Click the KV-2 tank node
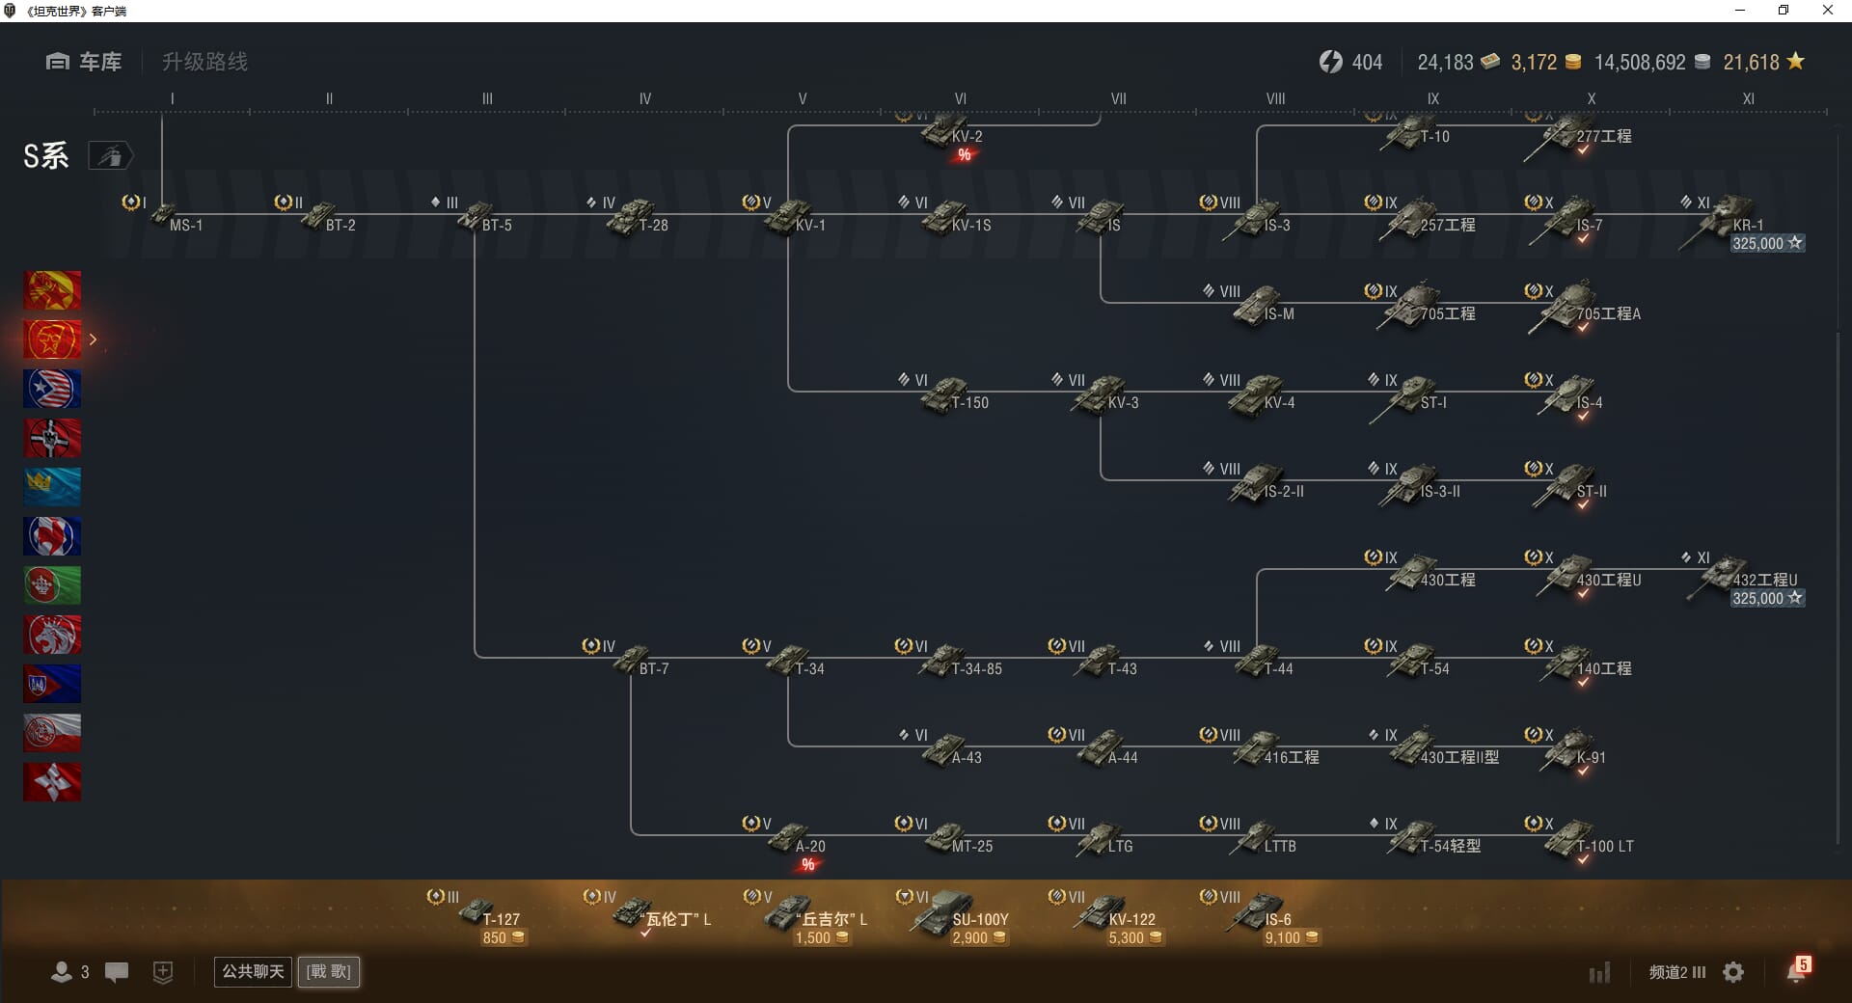click(x=950, y=132)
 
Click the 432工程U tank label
click(x=1764, y=580)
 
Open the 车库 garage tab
click(x=85, y=62)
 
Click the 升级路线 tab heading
click(x=204, y=62)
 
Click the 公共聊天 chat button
click(x=253, y=971)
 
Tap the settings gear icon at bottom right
click(x=1733, y=972)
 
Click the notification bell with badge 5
click(x=1796, y=971)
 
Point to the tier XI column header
click(x=1748, y=98)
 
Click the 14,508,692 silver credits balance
click(x=1640, y=63)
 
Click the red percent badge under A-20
click(x=808, y=865)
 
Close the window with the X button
click(x=1827, y=11)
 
